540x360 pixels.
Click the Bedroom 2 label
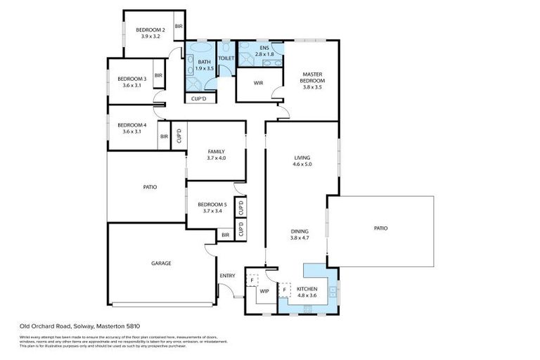[150, 32]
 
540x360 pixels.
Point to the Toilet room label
[226, 58]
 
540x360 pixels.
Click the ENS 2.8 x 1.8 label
[264, 50]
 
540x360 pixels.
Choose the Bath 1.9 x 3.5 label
[194, 65]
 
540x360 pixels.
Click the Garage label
[161, 263]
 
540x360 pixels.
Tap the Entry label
[227, 276]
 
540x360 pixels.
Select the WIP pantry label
[264, 290]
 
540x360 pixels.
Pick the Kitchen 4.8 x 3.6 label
[307, 292]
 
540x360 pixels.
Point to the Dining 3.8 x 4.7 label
[300, 234]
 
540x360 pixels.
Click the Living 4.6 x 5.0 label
[302, 161]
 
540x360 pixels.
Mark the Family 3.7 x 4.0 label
[216, 155]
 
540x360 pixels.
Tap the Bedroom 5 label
[212, 207]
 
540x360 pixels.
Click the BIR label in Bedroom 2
[179, 27]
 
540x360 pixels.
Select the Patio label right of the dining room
[380, 228]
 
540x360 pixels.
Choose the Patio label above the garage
[149, 187]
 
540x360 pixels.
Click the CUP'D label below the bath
[199, 99]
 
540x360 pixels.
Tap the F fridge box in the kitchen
[285, 288]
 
